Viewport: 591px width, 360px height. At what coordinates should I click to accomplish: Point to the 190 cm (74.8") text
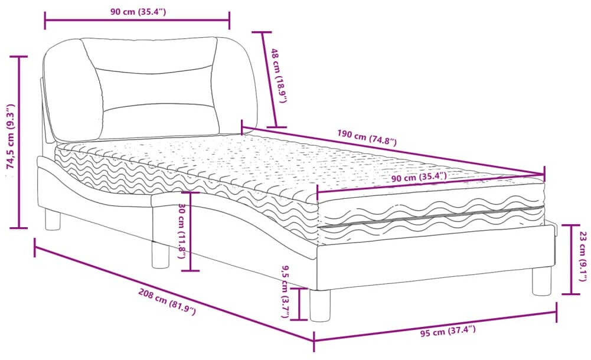pos(367,137)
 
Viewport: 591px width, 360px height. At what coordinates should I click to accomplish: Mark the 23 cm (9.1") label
pos(583,257)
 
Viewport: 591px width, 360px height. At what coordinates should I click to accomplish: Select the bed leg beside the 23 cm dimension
pos(541,281)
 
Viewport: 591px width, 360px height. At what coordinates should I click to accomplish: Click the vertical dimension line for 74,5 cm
pos(21,142)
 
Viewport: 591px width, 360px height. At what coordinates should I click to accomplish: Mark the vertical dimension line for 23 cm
pos(570,258)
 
